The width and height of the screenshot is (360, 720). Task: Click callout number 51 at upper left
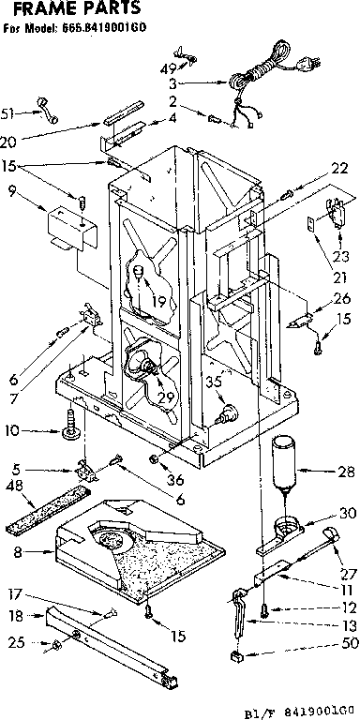pos(9,115)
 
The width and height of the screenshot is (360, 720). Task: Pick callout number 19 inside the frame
pos(159,301)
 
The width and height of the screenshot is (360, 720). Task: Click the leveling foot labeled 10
pos(68,433)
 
